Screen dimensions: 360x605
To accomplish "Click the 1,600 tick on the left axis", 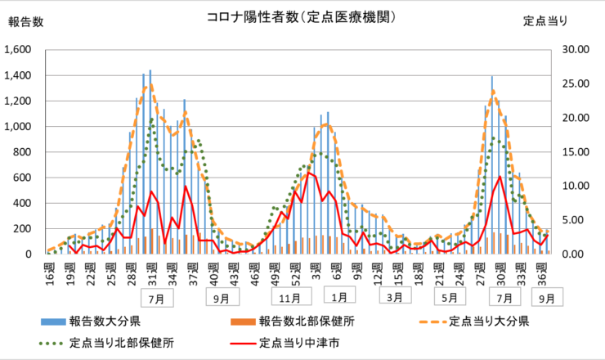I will [17, 50].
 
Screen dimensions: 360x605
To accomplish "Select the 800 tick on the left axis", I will [22, 152].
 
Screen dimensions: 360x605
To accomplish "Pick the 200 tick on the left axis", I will [22, 228].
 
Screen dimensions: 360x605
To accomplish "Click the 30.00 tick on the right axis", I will [576, 50].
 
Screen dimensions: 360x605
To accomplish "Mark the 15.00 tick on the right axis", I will [576, 152].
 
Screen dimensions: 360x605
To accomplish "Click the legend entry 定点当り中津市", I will [296, 342].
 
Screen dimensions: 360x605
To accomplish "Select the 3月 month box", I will [394, 296].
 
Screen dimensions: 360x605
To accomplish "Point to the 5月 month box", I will [450, 296].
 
